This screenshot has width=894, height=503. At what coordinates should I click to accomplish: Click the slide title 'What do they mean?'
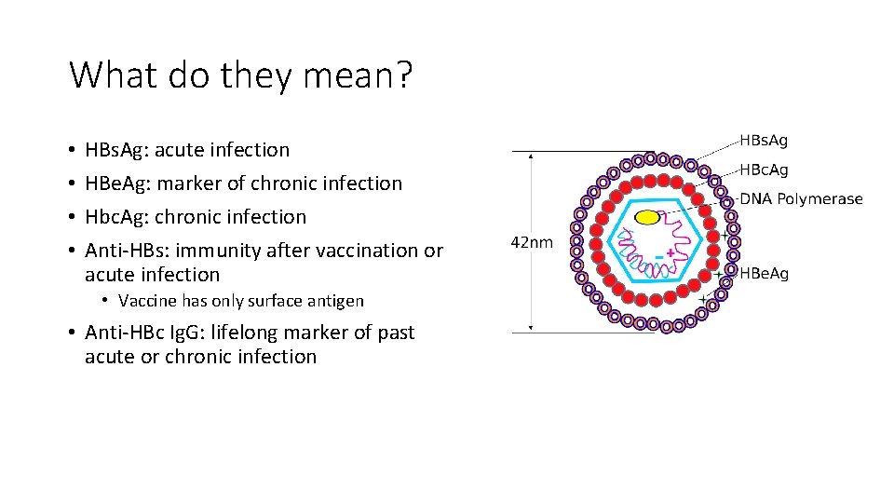240,75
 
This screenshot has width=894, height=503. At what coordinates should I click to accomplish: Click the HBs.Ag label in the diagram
763,141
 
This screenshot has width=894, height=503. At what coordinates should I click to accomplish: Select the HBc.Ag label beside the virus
763,170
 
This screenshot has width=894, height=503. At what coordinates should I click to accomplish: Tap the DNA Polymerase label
801,198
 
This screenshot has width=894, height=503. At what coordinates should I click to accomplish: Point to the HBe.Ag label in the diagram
764,273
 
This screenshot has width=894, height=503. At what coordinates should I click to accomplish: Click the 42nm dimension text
532,242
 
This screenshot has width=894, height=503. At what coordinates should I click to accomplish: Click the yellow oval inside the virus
648,218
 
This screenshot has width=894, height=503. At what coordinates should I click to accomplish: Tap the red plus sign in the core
670,252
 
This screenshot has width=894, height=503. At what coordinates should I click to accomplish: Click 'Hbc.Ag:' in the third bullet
117,217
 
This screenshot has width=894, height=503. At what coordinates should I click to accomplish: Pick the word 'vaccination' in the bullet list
366,251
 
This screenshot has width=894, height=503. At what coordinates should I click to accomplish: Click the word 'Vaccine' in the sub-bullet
147,301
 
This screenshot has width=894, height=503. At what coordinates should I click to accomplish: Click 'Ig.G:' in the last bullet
192,333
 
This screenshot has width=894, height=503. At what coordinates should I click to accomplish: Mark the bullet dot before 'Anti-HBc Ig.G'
72,333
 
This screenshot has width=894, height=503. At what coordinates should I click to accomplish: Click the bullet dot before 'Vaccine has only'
107,301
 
